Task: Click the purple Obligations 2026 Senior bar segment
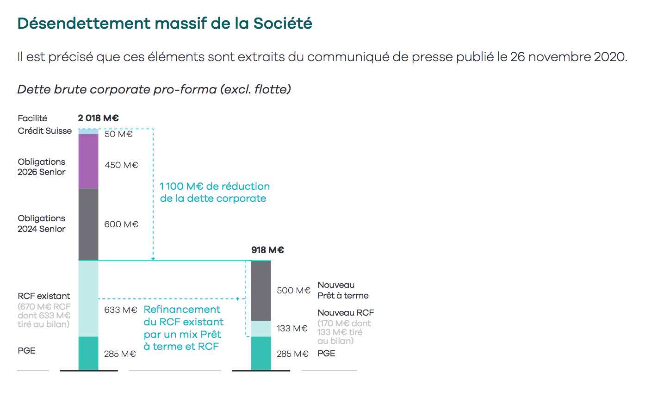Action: point(88,162)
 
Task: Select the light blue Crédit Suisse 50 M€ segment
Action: point(88,131)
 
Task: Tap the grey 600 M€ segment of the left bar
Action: point(88,224)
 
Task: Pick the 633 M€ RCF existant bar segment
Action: point(88,298)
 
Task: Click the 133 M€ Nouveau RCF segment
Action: point(261,329)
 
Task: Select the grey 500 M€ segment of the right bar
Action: point(261,291)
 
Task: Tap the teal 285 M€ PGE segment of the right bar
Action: point(261,353)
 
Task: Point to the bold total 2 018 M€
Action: point(98,118)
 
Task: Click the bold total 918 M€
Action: point(267,250)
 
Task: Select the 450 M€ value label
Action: point(121,165)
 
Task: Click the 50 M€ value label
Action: point(118,134)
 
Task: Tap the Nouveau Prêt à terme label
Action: point(343,290)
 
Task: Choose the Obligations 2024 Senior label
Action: point(42,224)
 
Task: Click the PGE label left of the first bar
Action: point(27,350)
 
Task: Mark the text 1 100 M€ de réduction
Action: point(215,187)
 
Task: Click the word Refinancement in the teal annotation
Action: point(182,309)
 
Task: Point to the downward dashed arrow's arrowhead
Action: point(153,258)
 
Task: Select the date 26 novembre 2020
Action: point(569,57)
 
